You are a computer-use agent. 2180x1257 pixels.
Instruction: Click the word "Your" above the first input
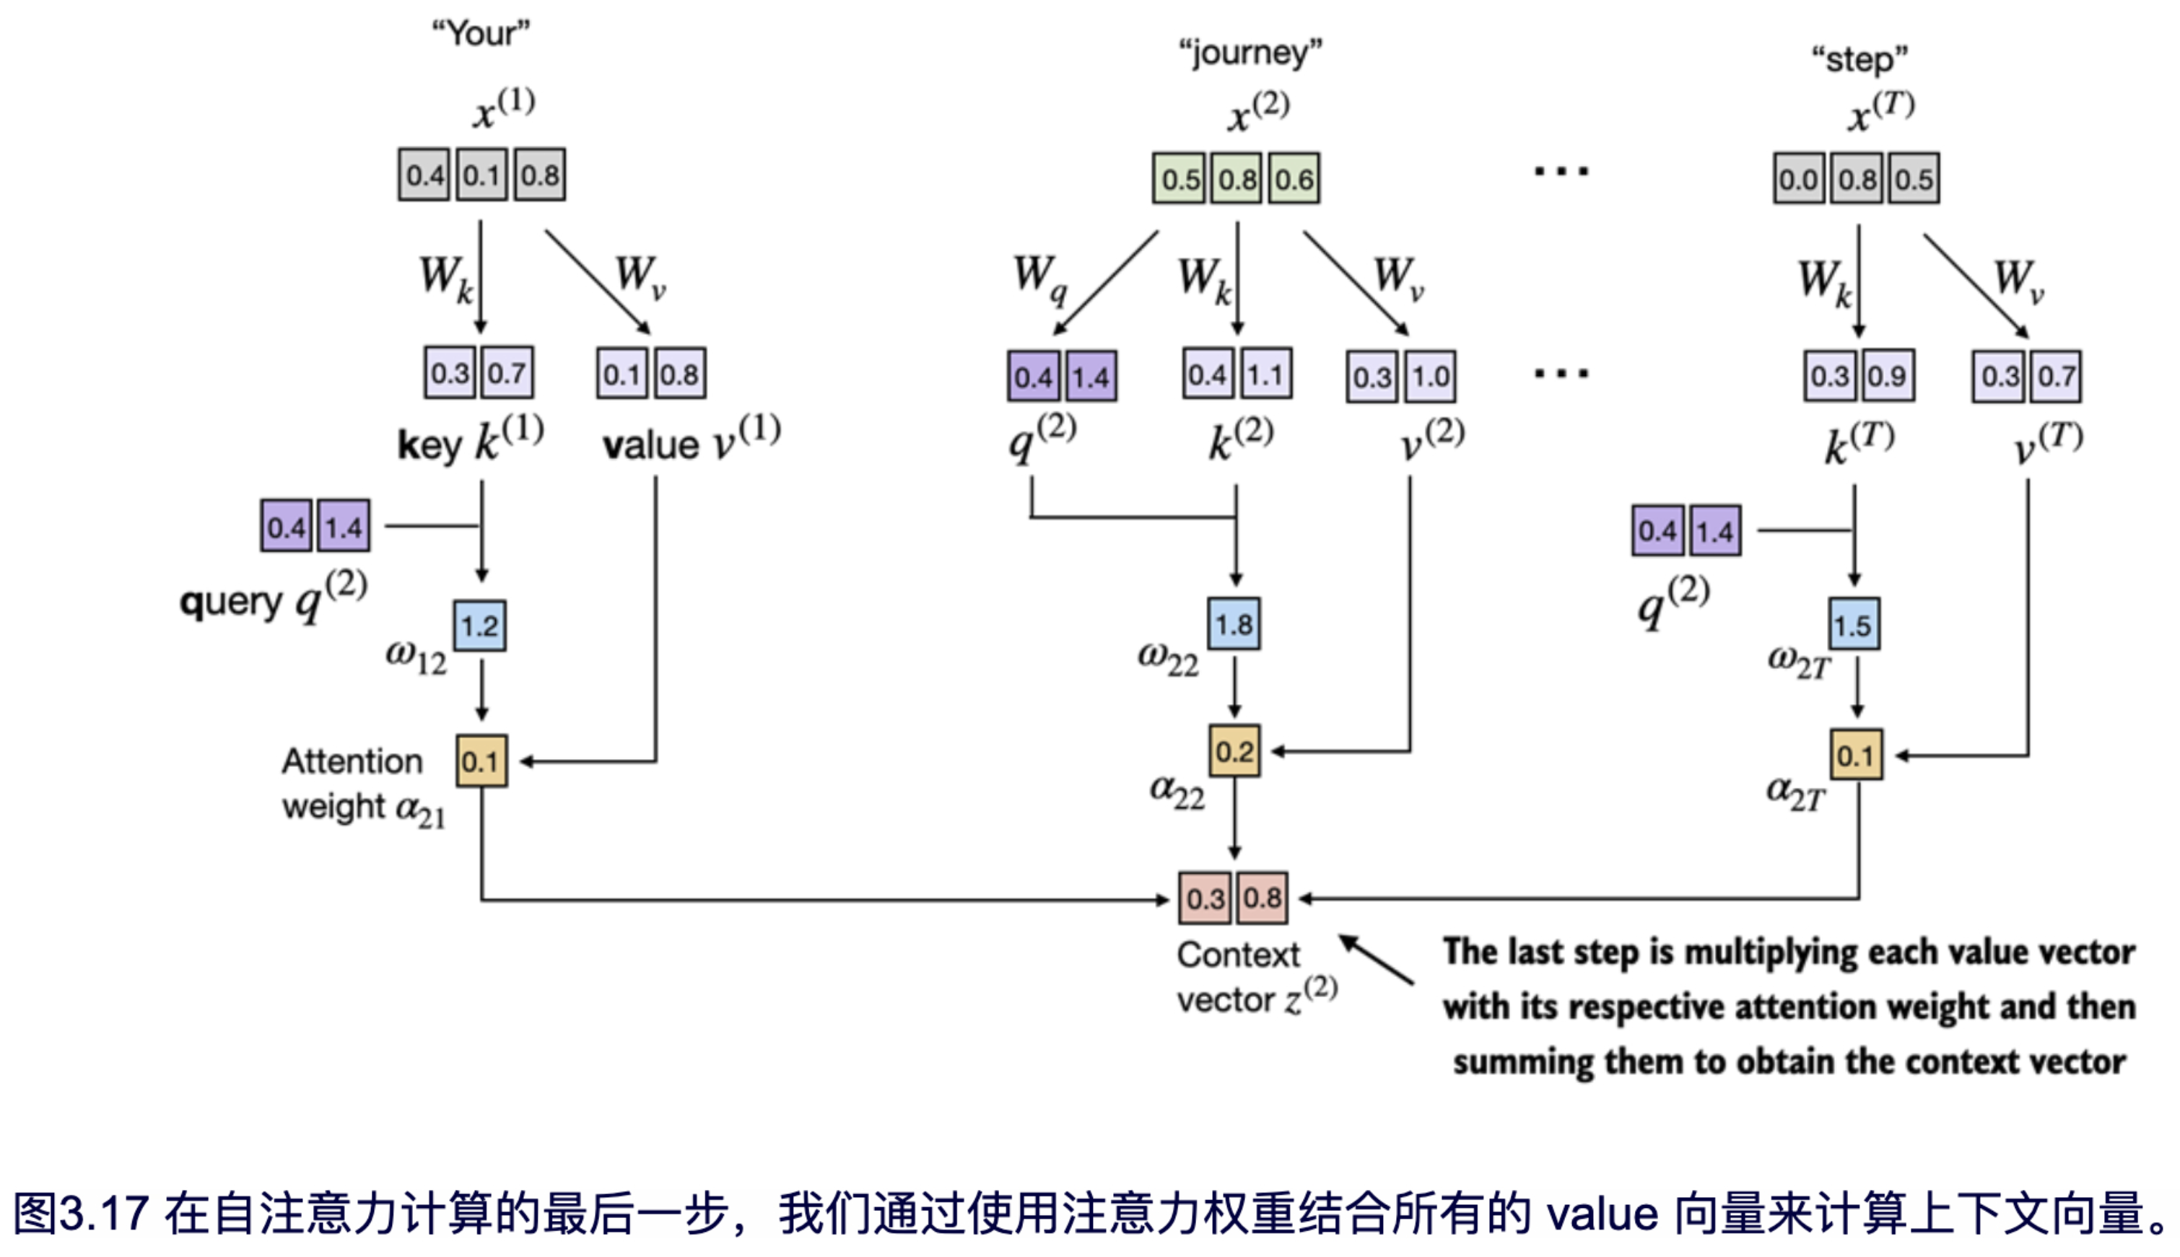coord(481,34)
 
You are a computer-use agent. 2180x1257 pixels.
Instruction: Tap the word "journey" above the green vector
coord(1250,53)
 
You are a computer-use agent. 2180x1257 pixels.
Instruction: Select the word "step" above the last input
coord(1859,61)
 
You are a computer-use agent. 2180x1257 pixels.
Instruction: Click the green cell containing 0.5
coord(1180,180)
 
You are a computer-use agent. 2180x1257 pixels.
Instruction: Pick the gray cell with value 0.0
coord(1798,180)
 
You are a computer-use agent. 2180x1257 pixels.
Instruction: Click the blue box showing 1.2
coord(480,626)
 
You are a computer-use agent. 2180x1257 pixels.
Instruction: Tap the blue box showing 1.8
coord(1234,624)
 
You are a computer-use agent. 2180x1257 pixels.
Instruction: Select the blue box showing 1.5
coord(1854,625)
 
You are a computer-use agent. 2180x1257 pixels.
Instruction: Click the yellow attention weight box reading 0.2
coord(1234,751)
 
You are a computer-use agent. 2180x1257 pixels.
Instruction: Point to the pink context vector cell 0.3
coord(1205,898)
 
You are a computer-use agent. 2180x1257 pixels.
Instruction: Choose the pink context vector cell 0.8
coord(1263,898)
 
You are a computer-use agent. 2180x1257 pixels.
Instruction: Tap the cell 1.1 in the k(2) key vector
coord(1265,375)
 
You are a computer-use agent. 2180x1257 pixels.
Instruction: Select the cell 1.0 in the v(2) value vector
coord(1430,377)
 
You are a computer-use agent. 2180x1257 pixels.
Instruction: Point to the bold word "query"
coord(230,601)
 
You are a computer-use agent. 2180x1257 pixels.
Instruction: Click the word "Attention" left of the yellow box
coord(352,761)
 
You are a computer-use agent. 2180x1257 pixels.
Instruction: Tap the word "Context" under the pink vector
coord(1238,955)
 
